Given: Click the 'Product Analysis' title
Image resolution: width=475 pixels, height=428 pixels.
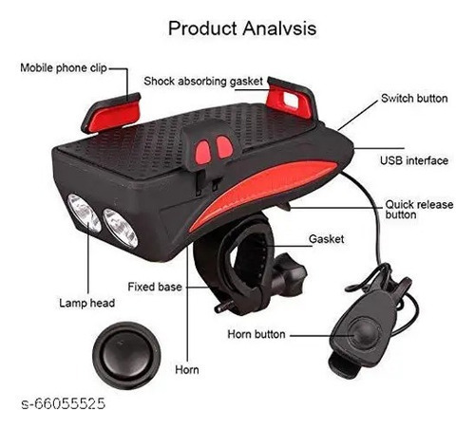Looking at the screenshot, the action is [242, 28].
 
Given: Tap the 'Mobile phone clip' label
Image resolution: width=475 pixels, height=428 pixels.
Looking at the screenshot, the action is [64, 68].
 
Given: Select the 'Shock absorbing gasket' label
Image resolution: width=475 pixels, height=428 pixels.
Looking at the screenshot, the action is [203, 82].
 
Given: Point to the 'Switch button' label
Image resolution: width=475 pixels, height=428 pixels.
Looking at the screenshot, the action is [414, 99].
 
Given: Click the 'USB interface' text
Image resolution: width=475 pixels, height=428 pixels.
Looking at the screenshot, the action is [414, 160].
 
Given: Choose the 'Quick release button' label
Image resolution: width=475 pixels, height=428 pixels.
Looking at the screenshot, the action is [419, 210].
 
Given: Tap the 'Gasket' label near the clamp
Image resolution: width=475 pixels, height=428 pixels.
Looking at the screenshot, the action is [326, 239].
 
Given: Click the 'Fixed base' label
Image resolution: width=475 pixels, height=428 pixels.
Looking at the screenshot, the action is [155, 287].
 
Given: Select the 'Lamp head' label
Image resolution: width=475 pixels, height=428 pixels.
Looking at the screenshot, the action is [86, 303].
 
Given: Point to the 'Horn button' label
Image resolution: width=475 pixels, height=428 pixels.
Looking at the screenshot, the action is [256, 334].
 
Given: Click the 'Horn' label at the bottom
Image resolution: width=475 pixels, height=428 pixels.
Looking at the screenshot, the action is [187, 370].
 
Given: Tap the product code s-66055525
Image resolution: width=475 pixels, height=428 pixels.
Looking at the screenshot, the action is [63, 403].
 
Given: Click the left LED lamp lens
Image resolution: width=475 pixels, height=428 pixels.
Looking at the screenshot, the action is [84, 213].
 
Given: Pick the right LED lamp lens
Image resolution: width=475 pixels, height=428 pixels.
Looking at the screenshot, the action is [121, 228].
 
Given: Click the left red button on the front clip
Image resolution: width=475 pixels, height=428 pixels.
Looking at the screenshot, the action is [202, 153].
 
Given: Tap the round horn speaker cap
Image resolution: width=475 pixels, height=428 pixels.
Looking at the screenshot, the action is [126, 355].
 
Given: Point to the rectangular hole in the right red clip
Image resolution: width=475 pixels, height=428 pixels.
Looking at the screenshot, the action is [291, 100].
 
